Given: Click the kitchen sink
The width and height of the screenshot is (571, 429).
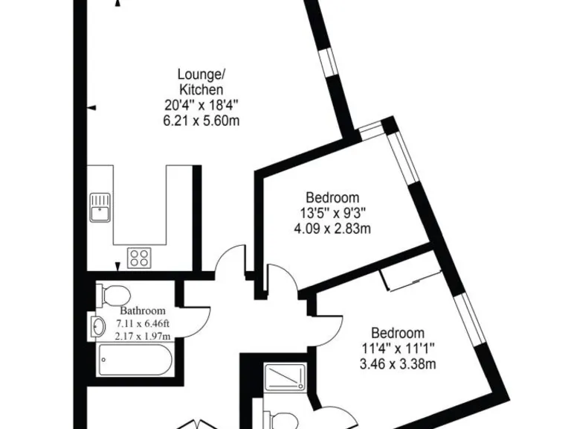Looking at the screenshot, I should coord(100,207).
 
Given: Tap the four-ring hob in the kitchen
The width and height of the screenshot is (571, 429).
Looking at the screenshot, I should coord(138,258).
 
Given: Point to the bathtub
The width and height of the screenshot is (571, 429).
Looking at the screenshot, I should coord(135,361).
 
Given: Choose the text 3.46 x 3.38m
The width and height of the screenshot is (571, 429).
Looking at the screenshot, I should coord(398,364).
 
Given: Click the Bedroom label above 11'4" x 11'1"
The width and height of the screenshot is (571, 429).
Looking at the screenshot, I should coord(398,333).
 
